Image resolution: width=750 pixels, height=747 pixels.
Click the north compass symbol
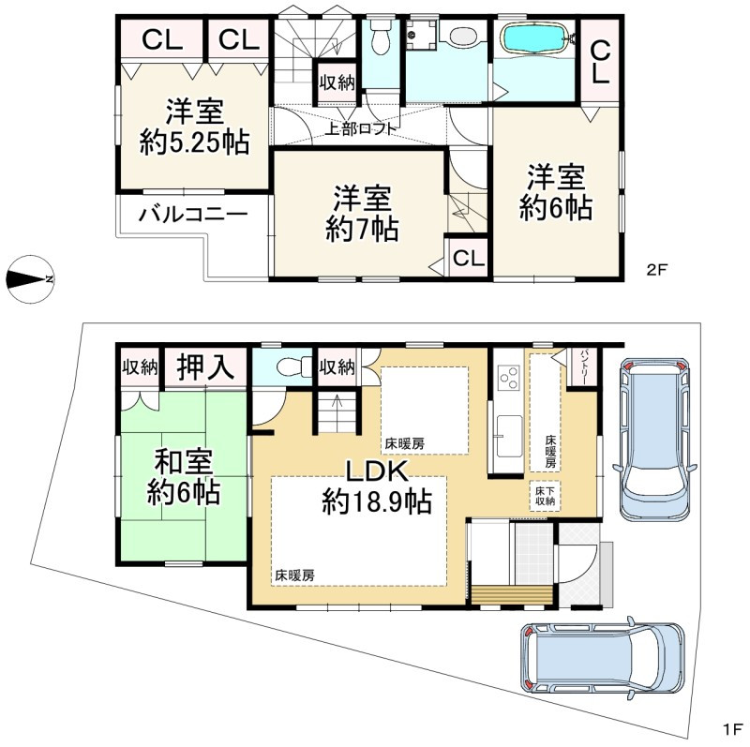click(30, 279)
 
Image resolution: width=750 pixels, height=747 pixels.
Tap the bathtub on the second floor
click(534, 37)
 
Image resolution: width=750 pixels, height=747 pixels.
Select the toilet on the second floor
click(382, 37)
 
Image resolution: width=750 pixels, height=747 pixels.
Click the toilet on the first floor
click(293, 367)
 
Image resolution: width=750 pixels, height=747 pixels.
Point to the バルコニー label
click(193, 215)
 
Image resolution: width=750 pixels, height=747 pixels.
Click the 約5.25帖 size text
click(195, 142)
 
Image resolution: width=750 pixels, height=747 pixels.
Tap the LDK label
click(378, 471)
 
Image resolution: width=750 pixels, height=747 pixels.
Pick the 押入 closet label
click(205, 366)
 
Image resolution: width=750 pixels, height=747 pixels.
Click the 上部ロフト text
click(361, 128)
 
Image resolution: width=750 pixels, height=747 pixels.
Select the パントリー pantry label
click(584, 367)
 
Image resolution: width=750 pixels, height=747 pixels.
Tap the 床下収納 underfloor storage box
click(545, 496)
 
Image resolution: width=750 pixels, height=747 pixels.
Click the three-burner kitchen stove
click(509, 378)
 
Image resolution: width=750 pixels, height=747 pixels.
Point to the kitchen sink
click(509, 436)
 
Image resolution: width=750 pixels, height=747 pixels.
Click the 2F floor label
click(656, 270)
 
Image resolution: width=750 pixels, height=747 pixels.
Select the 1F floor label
click(732, 730)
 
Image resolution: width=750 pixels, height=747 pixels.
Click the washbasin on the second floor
click(460, 36)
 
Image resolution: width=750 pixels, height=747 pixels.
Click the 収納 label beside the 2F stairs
click(337, 82)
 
